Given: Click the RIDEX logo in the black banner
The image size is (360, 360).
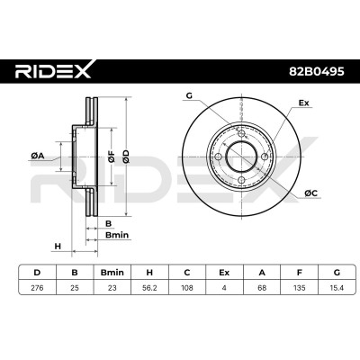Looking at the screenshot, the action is pyautogui.click(x=53, y=71).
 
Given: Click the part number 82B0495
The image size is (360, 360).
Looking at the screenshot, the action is pyautogui.click(x=317, y=71).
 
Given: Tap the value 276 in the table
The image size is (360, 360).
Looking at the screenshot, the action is pyautogui.click(x=37, y=288).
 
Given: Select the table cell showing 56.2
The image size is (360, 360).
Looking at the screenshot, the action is pyautogui.click(x=149, y=288).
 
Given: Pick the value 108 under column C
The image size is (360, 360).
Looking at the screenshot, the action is pyautogui.click(x=187, y=288).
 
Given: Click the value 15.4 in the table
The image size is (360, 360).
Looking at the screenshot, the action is pyautogui.click(x=337, y=288).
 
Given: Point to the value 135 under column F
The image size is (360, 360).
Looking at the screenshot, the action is pyautogui.click(x=299, y=288).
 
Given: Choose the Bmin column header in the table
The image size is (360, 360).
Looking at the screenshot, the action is pyautogui.click(x=112, y=273).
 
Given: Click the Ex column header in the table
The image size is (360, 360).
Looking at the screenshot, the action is pyautogui.click(x=224, y=273).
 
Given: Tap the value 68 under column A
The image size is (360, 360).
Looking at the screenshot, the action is pyautogui.click(x=262, y=288).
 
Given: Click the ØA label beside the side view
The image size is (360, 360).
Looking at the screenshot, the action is pyautogui.click(x=38, y=156).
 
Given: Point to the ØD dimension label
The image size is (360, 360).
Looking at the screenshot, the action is pyautogui.click(x=126, y=157).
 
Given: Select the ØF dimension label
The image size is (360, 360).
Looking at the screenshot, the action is pyautogui.click(x=112, y=157).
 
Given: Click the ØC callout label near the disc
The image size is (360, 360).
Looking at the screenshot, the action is pyautogui.click(x=310, y=193).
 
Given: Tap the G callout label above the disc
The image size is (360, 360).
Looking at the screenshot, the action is pyautogui.click(x=189, y=95).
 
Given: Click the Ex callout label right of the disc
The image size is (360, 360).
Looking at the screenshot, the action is pyautogui.click(x=303, y=103).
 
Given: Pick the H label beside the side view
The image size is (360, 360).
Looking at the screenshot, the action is pyautogui.click(x=58, y=247).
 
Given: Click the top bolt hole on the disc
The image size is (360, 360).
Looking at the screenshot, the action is pyautogui.click(x=241, y=133).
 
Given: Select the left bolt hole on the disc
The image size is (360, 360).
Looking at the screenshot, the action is pyautogui.click(x=219, y=157).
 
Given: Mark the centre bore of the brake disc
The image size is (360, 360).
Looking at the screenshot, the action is pyautogui.click(x=241, y=157).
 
